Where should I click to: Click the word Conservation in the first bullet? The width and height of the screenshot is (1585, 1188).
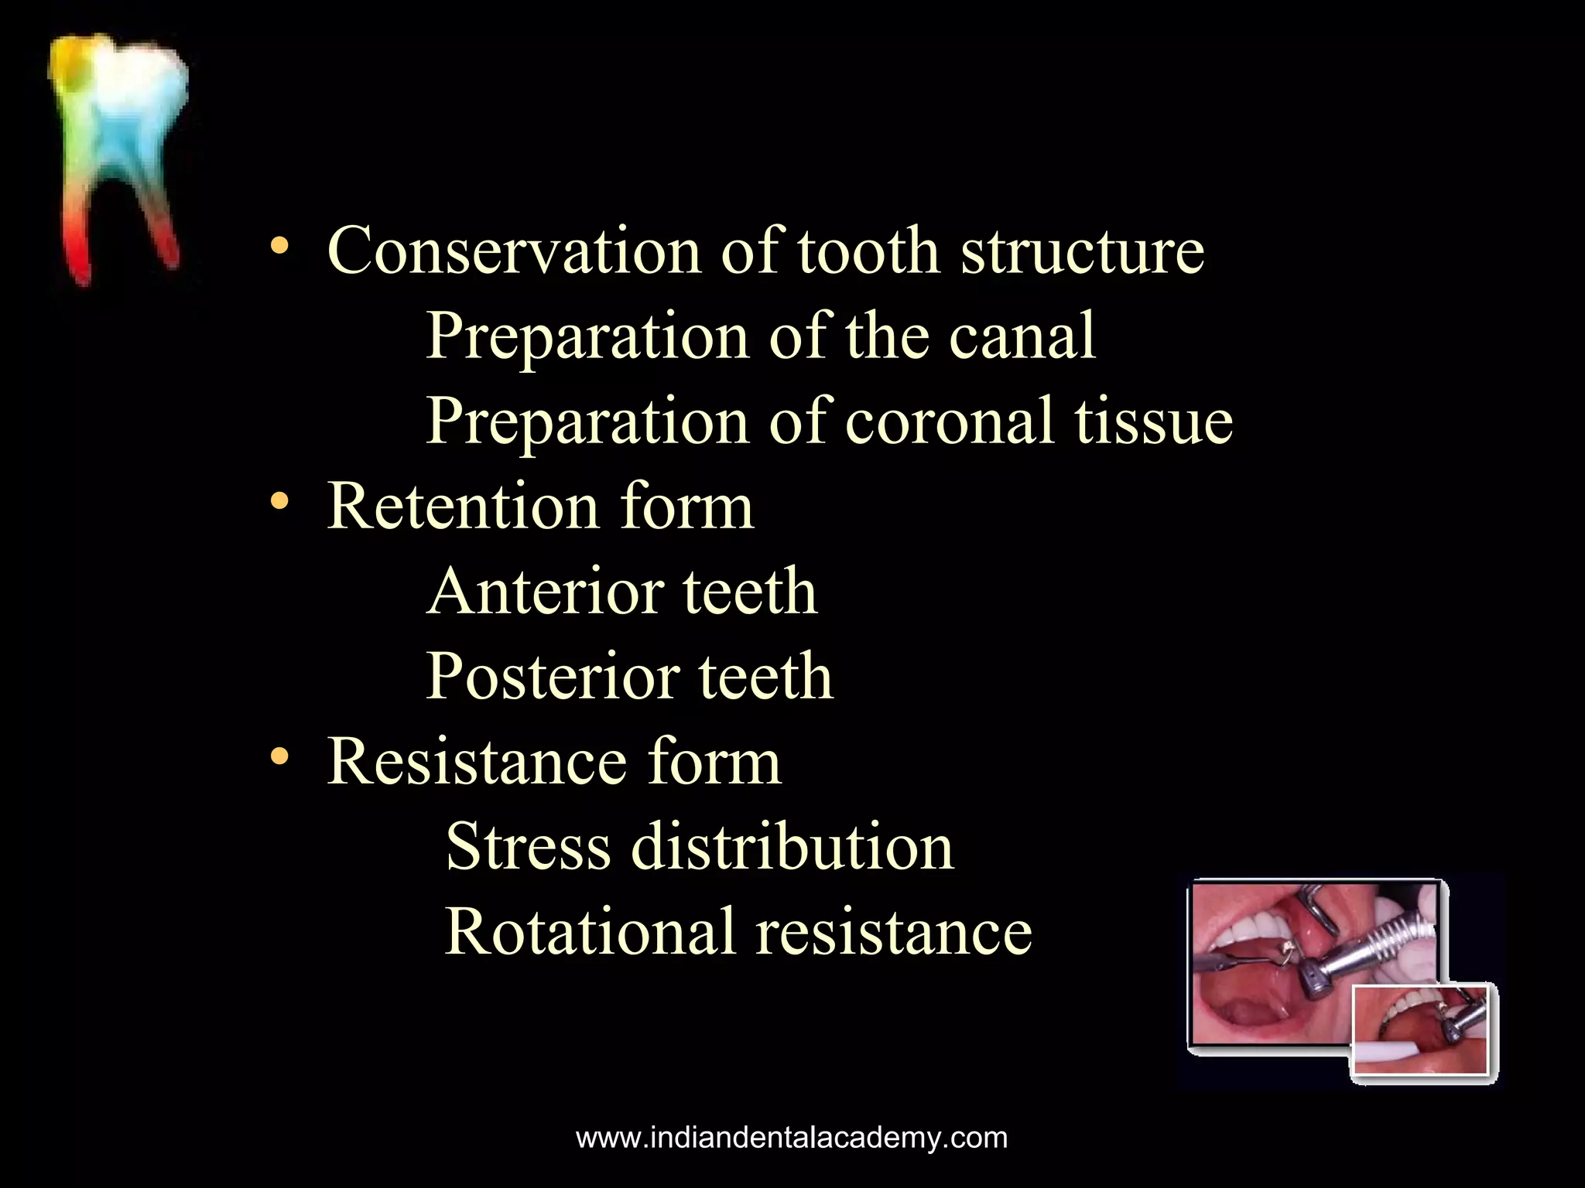[513, 251]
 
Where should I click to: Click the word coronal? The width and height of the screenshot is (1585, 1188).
[950, 421]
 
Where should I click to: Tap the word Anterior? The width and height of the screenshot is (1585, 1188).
[546, 591]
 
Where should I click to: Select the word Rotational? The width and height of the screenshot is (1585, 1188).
[589, 931]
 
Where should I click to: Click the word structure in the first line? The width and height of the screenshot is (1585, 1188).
[1082, 251]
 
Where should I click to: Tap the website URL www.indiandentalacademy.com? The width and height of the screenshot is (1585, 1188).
[792, 1138]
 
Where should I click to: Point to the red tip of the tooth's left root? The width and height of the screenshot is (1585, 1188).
[80, 267]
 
